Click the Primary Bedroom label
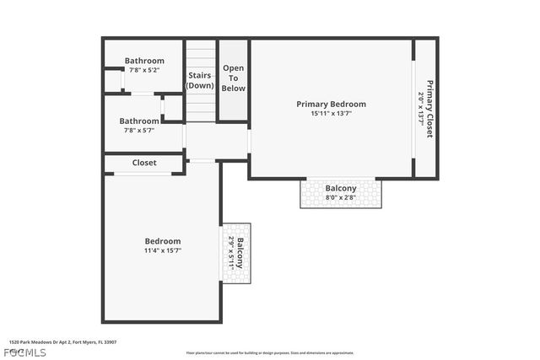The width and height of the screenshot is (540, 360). coord(331,104)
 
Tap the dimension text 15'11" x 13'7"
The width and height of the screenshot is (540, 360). coord(331,113)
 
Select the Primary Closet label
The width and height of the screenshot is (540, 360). coord(429,108)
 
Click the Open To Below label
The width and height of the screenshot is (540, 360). coord(233,78)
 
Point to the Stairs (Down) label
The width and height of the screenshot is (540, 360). coord(200,80)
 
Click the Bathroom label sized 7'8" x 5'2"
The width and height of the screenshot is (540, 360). coord(144,61)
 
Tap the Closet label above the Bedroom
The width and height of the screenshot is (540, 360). coord(144,163)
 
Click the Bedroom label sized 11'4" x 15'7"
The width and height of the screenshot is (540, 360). coord(163,241)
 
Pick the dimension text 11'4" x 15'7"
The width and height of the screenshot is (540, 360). coord(163,250)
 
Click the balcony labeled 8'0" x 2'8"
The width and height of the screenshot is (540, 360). coord(341,188)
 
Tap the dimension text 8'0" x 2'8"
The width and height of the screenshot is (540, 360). coord(341,197)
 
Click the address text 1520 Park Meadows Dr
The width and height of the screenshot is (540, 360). coord(62,342)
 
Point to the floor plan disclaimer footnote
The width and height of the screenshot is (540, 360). coord(270,353)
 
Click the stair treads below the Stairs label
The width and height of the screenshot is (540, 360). coord(201,107)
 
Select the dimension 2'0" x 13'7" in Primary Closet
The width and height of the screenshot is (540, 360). coord(421,108)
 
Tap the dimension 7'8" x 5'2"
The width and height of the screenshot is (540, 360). coord(144,70)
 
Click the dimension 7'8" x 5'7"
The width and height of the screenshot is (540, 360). coord(139,130)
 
